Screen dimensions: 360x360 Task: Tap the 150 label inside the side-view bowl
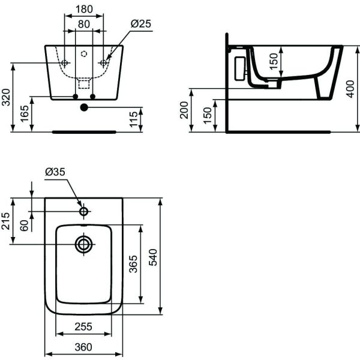[x=274, y=61]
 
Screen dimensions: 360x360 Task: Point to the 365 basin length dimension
[x=134, y=265]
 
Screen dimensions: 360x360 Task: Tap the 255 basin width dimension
[x=83, y=327]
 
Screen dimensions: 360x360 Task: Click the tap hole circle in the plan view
[x=83, y=211]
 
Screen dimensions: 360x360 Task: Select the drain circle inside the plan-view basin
[x=83, y=244]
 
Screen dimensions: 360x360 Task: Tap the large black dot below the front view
[x=83, y=107]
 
